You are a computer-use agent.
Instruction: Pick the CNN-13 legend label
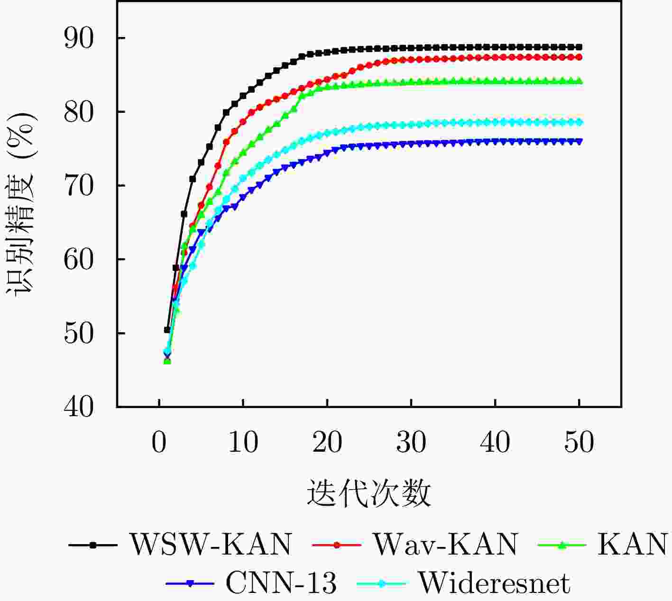[281, 583]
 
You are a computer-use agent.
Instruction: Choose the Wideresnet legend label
[494, 583]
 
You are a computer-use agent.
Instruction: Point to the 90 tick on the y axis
[79, 38]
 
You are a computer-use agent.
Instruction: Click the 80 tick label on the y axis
[79, 112]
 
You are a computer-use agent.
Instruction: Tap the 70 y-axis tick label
[79, 186]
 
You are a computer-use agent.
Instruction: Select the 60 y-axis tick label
[79, 260]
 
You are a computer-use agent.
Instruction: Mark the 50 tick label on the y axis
[79, 334]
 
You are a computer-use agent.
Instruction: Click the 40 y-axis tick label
[79, 407]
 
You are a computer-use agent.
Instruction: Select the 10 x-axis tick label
[243, 442]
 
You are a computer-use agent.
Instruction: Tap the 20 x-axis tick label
[327, 442]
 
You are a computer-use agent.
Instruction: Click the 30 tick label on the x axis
[411, 442]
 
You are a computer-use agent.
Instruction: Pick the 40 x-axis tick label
[495, 442]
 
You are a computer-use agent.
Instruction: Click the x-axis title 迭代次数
[369, 493]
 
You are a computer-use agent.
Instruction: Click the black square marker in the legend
[93, 545]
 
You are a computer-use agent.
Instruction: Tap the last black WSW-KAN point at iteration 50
[579, 47]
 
